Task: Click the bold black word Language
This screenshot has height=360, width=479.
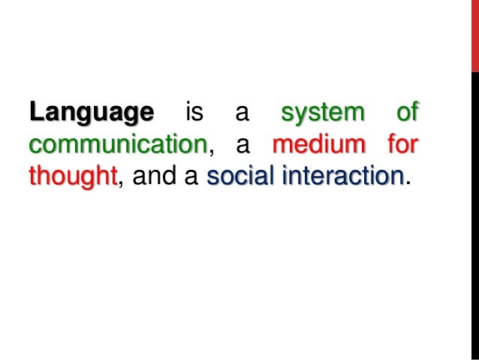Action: click(x=91, y=113)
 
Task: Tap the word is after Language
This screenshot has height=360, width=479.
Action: click(x=194, y=113)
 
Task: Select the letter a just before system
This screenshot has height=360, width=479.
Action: click(x=242, y=113)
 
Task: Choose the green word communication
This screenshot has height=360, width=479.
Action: click(x=117, y=144)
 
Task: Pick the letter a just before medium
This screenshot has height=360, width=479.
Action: click(x=242, y=144)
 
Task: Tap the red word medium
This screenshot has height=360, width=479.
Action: click(x=319, y=144)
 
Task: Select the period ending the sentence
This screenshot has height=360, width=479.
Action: click(x=408, y=181)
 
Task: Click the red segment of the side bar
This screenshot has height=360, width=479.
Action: click(x=474, y=36)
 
